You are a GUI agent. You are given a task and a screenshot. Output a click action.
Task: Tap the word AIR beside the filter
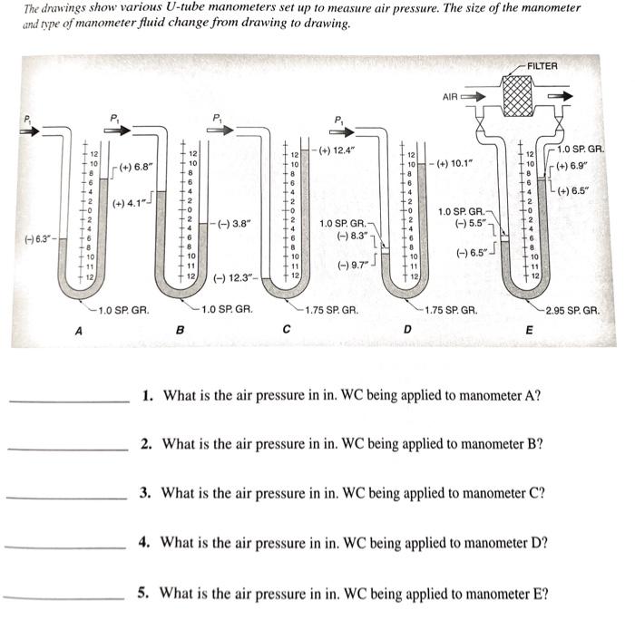click(451, 96)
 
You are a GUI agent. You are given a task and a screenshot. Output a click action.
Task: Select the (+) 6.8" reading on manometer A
click(136, 167)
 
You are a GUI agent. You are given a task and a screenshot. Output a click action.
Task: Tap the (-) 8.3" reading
click(351, 235)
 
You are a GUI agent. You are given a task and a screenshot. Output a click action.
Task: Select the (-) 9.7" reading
click(353, 265)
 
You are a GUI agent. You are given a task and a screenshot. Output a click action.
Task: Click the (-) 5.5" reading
click(472, 223)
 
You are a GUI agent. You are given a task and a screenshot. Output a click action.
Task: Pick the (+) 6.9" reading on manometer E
click(573, 166)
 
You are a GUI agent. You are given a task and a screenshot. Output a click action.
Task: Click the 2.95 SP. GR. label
click(571, 310)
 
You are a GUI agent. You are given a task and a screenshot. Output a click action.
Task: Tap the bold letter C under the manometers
click(285, 330)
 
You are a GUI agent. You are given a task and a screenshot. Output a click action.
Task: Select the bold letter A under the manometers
click(79, 331)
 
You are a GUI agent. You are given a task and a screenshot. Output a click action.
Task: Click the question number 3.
click(145, 494)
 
